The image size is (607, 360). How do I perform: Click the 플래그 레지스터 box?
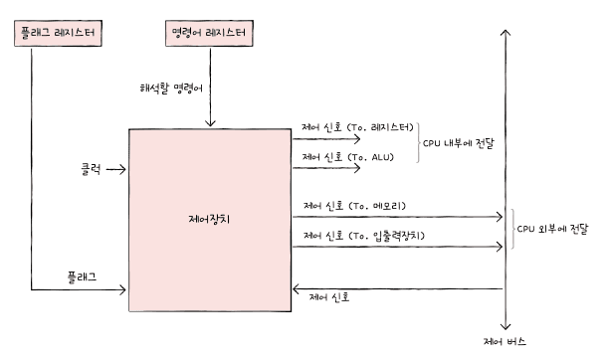[x=58, y=33]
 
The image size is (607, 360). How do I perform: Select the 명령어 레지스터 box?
[x=209, y=33]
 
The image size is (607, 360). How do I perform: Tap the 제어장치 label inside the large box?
[x=209, y=219]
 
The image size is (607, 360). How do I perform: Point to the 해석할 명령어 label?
[x=171, y=89]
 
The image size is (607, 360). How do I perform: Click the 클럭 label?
[x=91, y=169]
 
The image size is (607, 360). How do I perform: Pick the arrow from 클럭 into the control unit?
[x=116, y=169]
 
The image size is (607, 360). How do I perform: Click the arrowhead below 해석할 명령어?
[x=210, y=123]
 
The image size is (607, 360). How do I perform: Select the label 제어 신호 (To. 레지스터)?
[x=357, y=127]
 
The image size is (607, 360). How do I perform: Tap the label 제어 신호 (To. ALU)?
[x=347, y=157]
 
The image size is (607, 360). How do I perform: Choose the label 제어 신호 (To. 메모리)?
[x=354, y=206]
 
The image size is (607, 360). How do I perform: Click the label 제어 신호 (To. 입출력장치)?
[x=364, y=236]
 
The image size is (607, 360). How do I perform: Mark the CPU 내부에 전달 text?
[x=459, y=143]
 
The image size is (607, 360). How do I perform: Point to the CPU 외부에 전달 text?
[x=552, y=229]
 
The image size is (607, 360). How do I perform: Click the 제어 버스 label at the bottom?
[x=505, y=341]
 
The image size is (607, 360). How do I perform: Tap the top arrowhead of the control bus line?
[x=506, y=32]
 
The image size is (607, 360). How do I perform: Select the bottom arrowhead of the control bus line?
[x=506, y=327]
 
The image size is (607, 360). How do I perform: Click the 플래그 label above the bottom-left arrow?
[x=82, y=276]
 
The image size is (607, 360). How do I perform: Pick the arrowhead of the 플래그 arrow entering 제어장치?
[x=123, y=289]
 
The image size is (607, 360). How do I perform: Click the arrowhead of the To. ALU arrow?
[x=357, y=168]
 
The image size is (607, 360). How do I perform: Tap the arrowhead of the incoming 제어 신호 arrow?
[x=296, y=288]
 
